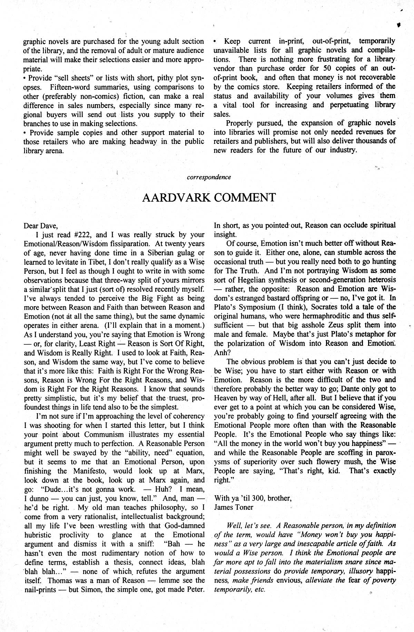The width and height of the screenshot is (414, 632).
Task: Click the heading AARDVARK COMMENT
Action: coord(209,198)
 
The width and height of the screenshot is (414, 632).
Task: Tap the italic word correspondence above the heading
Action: coord(209,177)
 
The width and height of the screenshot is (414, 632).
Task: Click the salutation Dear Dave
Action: coord(41,226)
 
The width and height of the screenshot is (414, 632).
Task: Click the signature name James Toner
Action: coord(234,507)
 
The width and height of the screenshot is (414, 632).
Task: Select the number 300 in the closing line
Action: coord(258,498)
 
